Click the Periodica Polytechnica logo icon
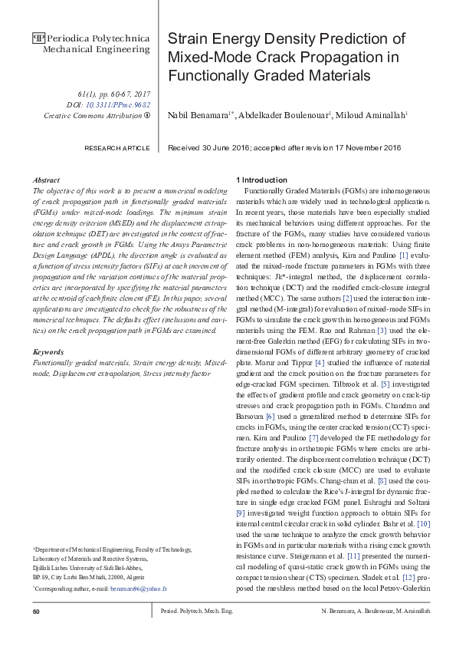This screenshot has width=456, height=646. tap(38, 38)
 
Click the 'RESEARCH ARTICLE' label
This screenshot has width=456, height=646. tap(117, 147)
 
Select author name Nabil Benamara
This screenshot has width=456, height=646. tap(198, 114)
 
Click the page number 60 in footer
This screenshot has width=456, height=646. tap(36, 611)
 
